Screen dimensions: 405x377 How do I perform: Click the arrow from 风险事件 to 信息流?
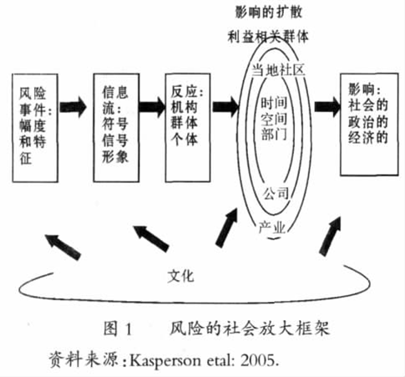pyautogui.click(x=73, y=106)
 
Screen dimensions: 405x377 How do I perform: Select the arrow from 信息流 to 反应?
pyautogui.click(x=152, y=106)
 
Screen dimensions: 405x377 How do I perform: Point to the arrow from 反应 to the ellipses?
pyautogui.click(x=225, y=106)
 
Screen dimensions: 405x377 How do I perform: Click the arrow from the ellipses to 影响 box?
pyautogui.click(x=327, y=106)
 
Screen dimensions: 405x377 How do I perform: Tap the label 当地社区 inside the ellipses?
pyautogui.click(x=278, y=69)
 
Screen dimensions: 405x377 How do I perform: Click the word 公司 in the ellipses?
pyautogui.click(x=276, y=193)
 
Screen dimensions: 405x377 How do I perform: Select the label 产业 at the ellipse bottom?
pyautogui.click(x=272, y=227)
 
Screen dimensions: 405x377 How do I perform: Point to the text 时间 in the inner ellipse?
pyautogui.click(x=274, y=103)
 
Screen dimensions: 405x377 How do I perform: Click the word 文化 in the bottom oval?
pyautogui.click(x=180, y=276)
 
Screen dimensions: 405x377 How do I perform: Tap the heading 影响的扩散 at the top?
pyautogui.click(x=268, y=12)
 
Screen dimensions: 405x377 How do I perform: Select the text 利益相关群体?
pyautogui.click(x=268, y=37)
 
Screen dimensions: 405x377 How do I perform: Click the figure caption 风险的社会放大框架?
pyautogui.click(x=250, y=329)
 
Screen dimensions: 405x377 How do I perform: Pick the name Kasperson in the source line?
pyautogui.click(x=165, y=361)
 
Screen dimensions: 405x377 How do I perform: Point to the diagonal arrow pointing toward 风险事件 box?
pyautogui.click(x=63, y=247)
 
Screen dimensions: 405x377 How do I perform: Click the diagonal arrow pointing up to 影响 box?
pyautogui.click(x=331, y=236)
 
